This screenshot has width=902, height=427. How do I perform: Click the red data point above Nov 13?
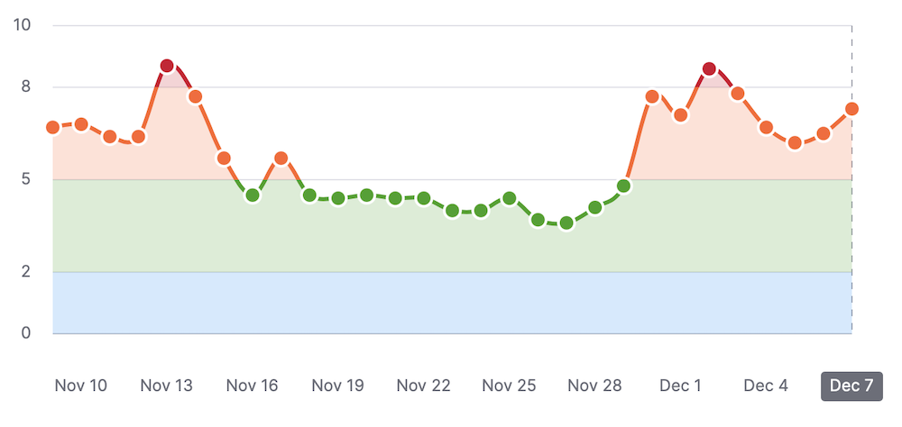point(167,66)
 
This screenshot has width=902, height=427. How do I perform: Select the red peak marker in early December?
point(709,69)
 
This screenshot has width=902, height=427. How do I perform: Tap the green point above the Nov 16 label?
point(253,195)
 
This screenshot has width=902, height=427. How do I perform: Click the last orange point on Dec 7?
point(851,109)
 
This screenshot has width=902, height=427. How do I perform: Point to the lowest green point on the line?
point(566,223)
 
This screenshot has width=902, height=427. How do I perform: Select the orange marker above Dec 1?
point(681,115)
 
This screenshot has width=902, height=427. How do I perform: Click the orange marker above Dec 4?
point(766,127)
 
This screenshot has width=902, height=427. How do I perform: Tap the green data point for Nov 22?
point(424,197)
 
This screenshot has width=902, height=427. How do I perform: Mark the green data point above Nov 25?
point(510,197)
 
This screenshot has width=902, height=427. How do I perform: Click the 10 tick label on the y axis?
point(23,24)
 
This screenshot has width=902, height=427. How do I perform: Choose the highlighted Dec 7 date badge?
point(851,386)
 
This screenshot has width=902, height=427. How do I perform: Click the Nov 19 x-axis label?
point(337,386)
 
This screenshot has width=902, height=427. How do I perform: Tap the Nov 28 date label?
point(594,386)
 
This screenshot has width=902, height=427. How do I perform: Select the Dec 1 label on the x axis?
point(680,386)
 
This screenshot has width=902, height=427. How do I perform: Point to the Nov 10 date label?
point(81,386)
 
